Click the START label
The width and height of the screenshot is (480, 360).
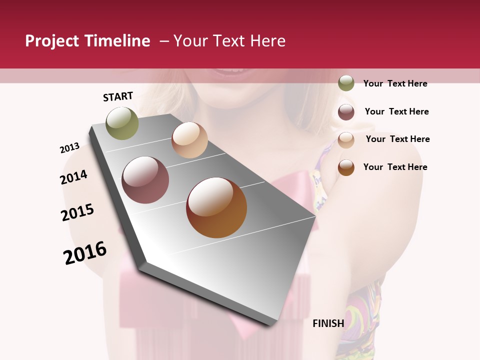[x=118, y=96]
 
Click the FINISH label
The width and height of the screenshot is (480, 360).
[x=328, y=323]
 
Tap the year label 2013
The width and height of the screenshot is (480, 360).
[x=69, y=148]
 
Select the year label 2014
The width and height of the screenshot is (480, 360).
[x=73, y=177]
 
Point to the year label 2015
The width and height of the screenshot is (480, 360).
[x=77, y=212]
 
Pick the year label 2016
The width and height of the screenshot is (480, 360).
[x=85, y=253]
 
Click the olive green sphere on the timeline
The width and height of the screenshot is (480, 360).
[x=122, y=123]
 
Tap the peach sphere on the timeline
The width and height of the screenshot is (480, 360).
[x=189, y=140]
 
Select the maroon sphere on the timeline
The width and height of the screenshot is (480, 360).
[x=145, y=180]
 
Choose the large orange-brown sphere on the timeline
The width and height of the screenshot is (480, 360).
[x=216, y=207]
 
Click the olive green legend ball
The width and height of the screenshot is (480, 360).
[x=346, y=83]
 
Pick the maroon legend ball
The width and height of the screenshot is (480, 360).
[x=346, y=112]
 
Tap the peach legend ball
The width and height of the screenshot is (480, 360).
[x=346, y=140]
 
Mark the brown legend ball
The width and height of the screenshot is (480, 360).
[x=346, y=167]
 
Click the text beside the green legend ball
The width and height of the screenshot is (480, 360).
[x=395, y=83]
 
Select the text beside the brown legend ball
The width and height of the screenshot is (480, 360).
[x=395, y=167]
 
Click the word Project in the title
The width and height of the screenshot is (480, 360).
[x=52, y=41]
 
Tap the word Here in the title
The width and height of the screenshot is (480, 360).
[x=267, y=41]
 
